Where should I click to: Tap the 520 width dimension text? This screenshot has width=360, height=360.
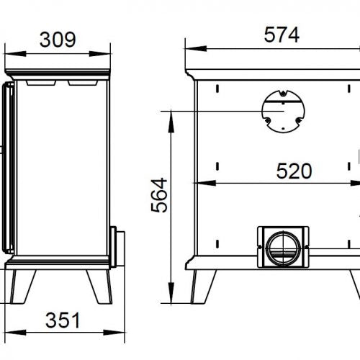click(x=294, y=171)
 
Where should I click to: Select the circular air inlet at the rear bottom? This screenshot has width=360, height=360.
click(x=283, y=248)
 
